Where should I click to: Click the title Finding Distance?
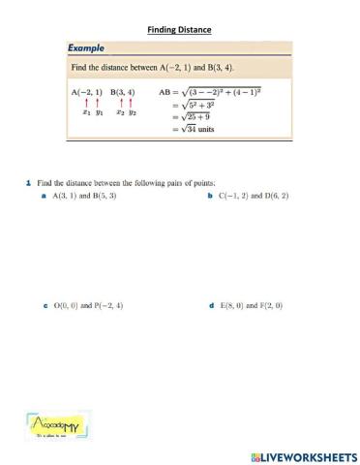click(x=179, y=30)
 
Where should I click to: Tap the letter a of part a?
click(x=45, y=196)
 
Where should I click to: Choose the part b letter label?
click(x=210, y=196)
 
